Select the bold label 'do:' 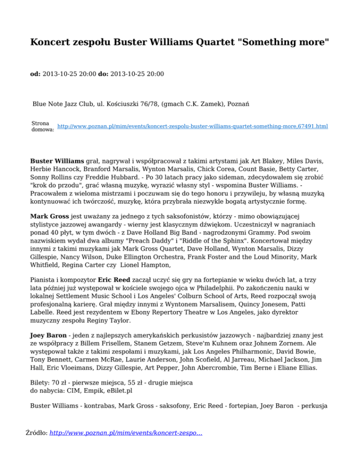click(x=103, y=74)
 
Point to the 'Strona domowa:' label click(x=42, y=126)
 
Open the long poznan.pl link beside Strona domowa click(x=192, y=127)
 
